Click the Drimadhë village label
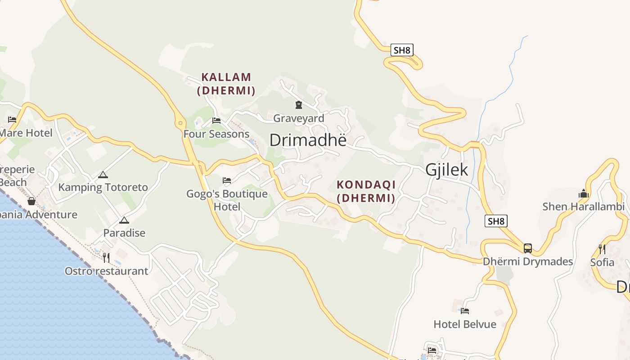[x=308, y=140]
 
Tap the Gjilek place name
[x=447, y=170]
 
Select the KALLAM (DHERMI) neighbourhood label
[x=226, y=84]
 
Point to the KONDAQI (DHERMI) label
[x=366, y=191]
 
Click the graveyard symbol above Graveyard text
[x=298, y=105]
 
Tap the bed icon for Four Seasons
[x=216, y=121]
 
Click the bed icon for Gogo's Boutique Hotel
[x=227, y=180]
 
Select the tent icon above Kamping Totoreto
[x=103, y=175]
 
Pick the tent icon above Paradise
[x=124, y=220]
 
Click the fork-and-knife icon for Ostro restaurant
[x=106, y=257]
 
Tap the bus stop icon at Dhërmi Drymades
[x=527, y=248]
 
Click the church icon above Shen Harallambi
[x=584, y=193]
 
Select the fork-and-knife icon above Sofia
[x=602, y=249]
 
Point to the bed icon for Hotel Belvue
[x=465, y=310]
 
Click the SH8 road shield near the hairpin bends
[x=402, y=50]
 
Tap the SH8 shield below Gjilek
[x=496, y=221]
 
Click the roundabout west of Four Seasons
[x=180, y=122]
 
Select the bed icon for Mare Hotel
[x=12, y=120]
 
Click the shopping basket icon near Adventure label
[x=31, y=201]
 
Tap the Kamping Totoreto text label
[x=103, y=187]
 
